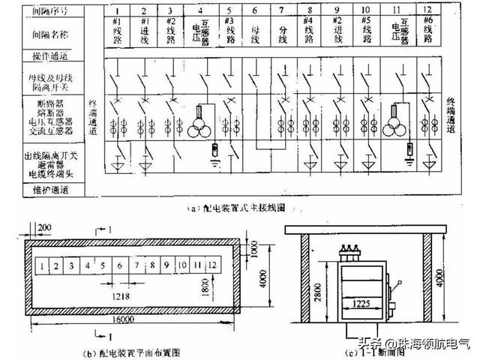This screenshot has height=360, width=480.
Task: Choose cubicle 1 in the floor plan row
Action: tap(46, 265)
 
